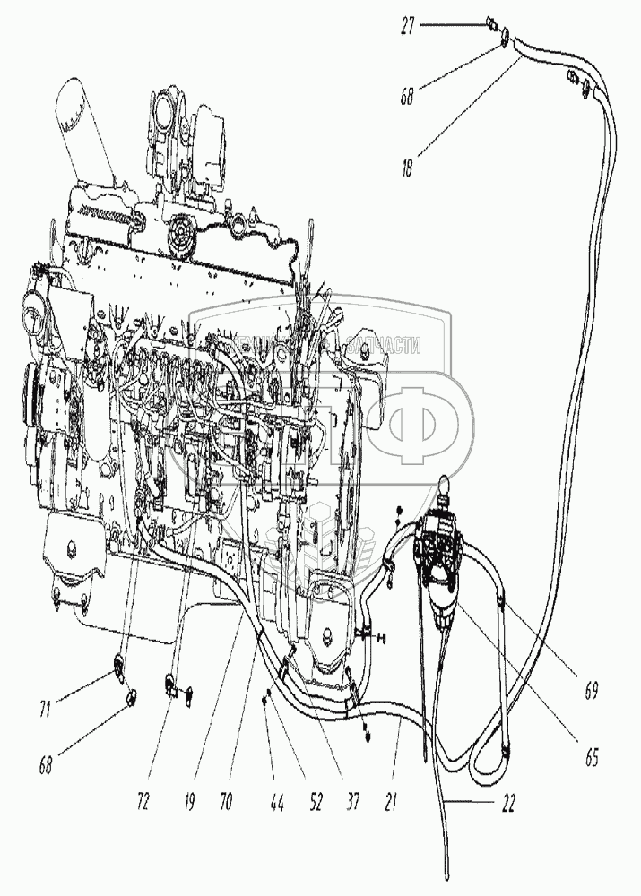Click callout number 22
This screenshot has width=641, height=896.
(x=512, y=803)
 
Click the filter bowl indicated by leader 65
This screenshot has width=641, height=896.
(x=444, y=600)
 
